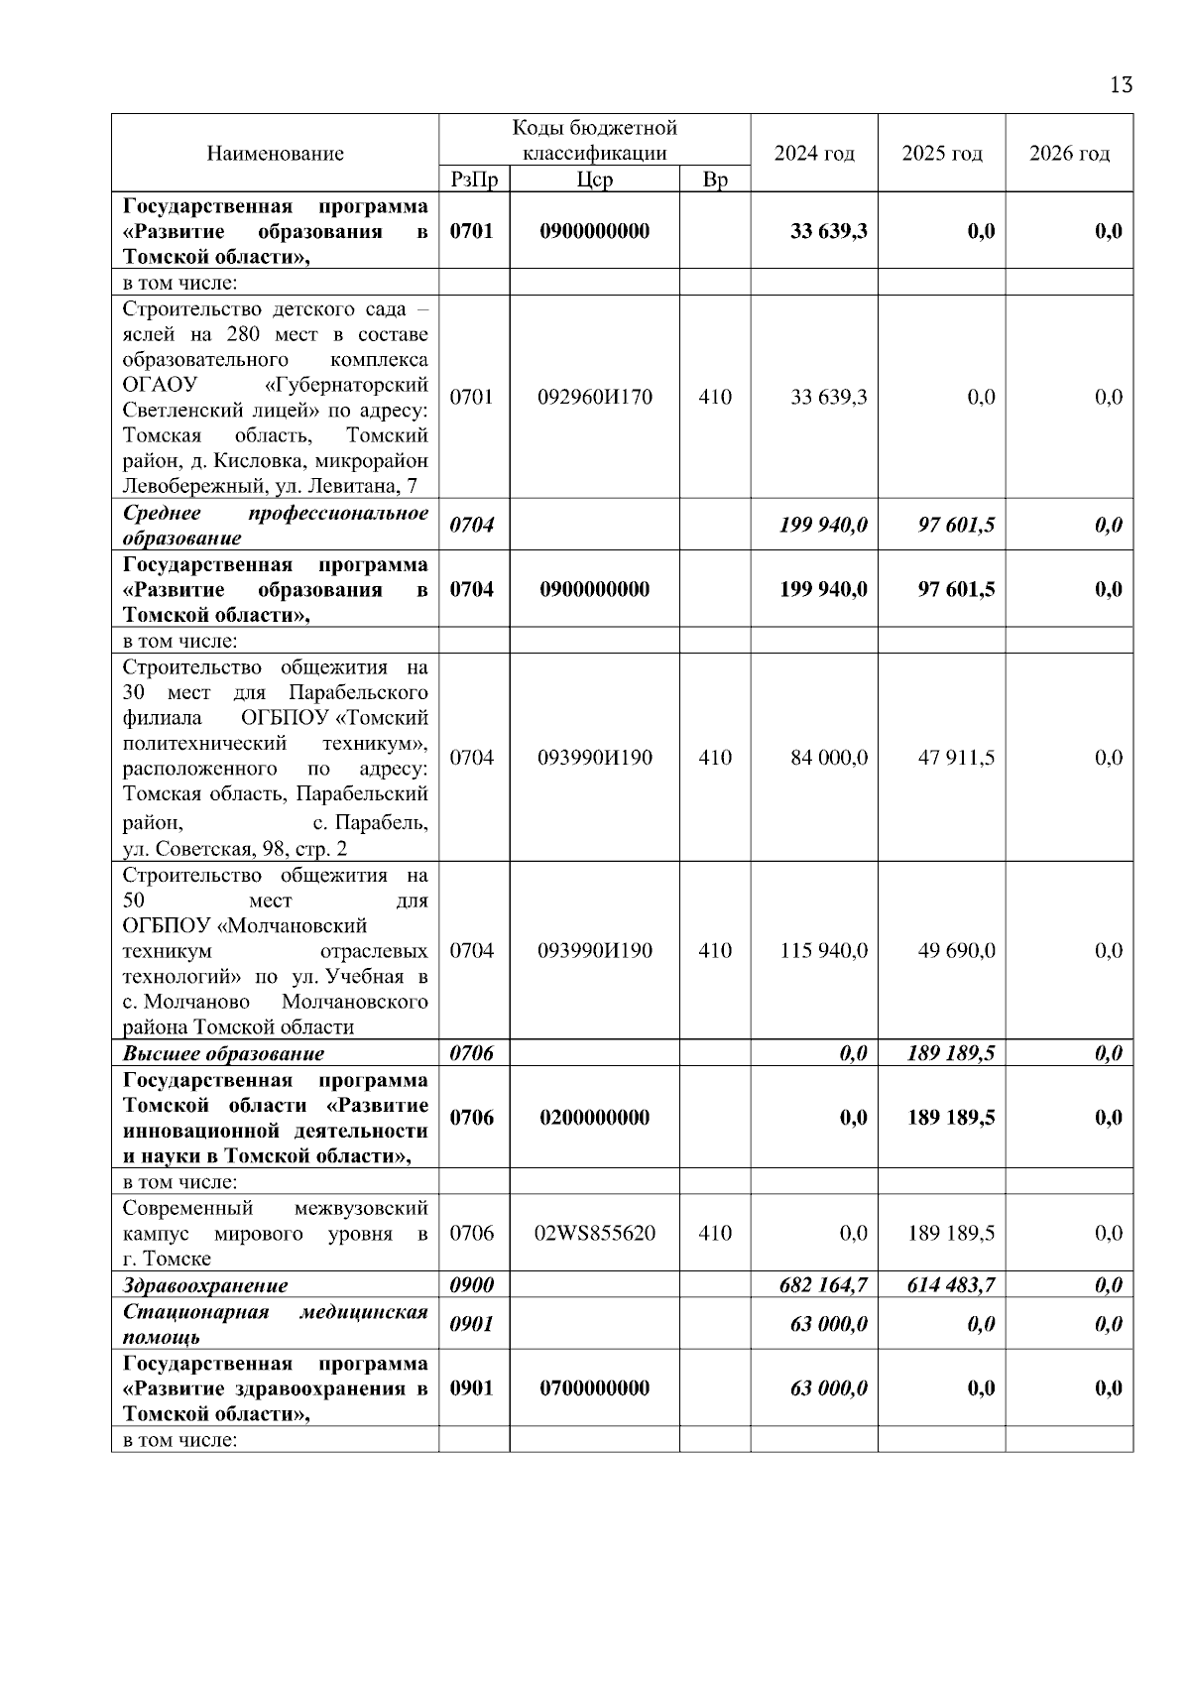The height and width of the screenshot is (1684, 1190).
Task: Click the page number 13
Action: click(1121, 85)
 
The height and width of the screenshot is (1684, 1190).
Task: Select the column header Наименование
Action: click(276, 154)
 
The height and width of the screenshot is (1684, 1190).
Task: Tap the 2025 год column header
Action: click(942, 154)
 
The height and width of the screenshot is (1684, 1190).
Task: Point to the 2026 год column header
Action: click(1069, 154)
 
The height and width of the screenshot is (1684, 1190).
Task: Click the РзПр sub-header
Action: click(474, 180)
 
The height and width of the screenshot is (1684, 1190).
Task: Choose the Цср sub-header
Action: click(594, 180)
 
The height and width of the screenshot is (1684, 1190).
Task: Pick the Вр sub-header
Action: click(714, 180)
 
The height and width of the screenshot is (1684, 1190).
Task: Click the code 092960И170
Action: click(595, 398)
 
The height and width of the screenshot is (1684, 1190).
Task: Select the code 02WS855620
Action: click(595, 1234)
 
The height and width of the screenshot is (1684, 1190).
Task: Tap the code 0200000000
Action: click(595, 1118)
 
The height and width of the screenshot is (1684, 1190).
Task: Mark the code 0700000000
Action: click(595, 1388)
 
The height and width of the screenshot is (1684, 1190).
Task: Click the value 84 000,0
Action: click(829, 759)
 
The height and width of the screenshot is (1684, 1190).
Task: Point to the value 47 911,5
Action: click(956, 759)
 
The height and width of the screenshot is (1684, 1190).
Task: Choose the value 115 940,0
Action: click(824, 951)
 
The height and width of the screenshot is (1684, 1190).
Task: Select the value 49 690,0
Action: click(956, 951)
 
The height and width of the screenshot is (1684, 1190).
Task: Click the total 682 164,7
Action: click(824, 1286)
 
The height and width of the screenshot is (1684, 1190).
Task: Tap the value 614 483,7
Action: click(951, 1286)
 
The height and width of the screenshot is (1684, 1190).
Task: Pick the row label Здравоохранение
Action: click(205, 1286)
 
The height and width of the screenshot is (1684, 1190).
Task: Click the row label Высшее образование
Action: click(223, 1054)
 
